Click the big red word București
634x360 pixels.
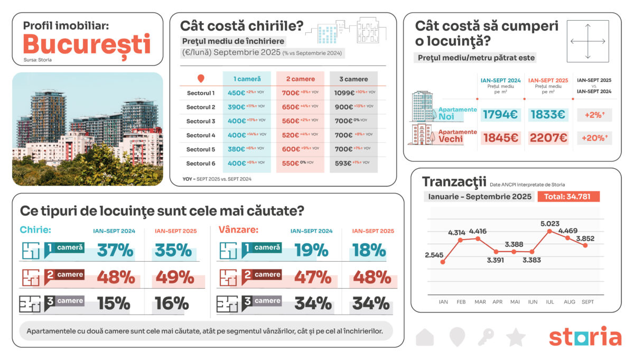(87, 44)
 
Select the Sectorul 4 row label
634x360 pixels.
(201, 135)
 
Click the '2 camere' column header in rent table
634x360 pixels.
(300, 79)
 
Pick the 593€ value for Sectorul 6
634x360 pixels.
(343, 163)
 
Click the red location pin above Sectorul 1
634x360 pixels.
(201, 79)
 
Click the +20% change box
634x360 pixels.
(594, 138)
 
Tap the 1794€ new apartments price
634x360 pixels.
(500, 114)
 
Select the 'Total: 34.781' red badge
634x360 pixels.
(568, 197)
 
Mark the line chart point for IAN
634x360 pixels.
(443, 262)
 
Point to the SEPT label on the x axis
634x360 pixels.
(587, 302)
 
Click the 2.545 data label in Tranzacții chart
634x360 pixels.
(434, 255)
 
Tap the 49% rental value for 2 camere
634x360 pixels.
(173, 277)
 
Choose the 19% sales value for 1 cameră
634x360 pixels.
(312, 250)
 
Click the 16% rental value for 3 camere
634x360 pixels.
(172, 303)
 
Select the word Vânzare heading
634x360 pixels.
(238, 230)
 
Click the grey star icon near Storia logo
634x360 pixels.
(516, 337)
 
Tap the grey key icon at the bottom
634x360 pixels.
(486, 337)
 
